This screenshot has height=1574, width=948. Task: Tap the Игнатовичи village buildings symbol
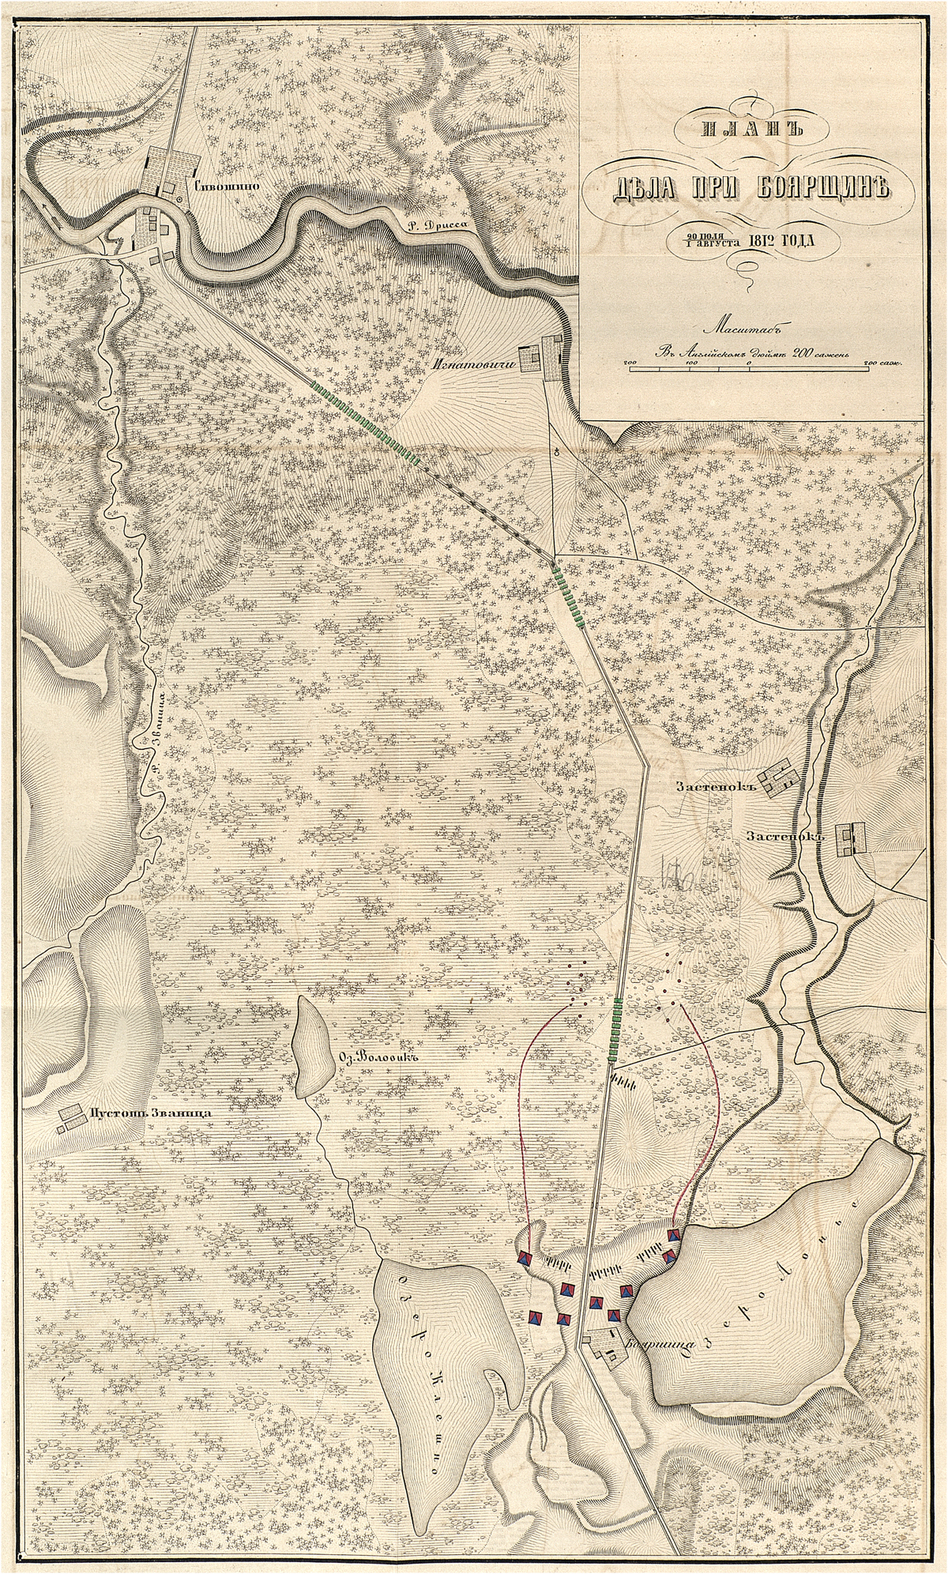click(543, 356)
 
